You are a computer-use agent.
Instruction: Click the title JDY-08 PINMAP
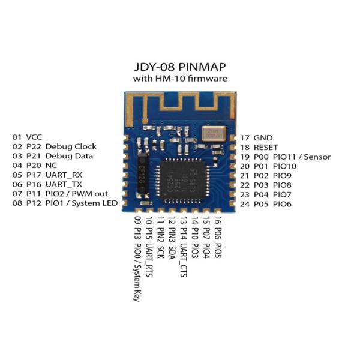(179, 67)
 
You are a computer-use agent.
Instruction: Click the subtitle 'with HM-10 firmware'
(179, 79)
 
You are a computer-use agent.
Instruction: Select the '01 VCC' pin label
(26, 137)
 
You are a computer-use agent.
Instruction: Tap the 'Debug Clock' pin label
(70, 146)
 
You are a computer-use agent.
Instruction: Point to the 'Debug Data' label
(69, 156)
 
